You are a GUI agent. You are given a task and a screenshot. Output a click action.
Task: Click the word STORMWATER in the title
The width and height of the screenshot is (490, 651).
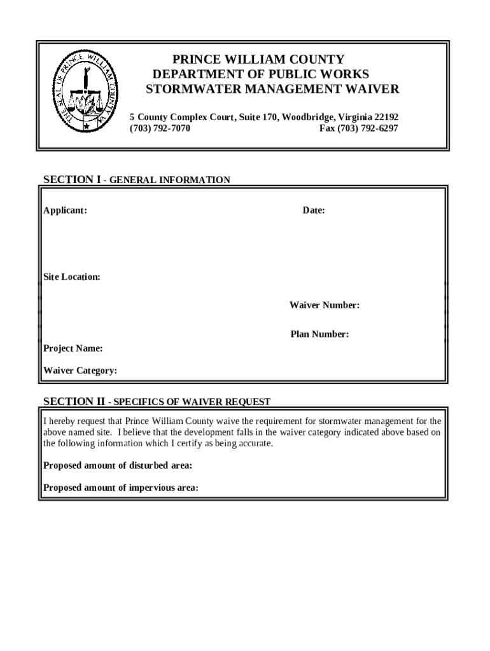(186, 89)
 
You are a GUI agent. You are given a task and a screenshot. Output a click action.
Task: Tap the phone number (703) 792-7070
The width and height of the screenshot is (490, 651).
(160, 128)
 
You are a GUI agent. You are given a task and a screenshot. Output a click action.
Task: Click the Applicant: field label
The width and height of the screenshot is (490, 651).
(65, 210)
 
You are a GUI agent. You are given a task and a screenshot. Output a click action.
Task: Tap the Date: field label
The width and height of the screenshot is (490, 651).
(314, 210)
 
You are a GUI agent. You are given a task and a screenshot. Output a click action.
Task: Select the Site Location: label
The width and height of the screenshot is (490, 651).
(71, 277)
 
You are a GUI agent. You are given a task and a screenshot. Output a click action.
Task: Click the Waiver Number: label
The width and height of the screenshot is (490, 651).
(325, 306)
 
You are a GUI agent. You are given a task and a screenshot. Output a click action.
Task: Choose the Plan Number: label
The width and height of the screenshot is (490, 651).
(319, 334)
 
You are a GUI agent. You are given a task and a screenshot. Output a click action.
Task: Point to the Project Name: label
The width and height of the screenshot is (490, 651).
(73, 348)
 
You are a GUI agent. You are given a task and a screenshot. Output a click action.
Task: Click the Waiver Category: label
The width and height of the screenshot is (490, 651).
(80, 371)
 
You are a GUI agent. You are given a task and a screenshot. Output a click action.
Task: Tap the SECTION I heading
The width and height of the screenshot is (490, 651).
(71, 180)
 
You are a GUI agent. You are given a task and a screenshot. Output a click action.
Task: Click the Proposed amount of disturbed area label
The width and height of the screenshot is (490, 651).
(117, 466)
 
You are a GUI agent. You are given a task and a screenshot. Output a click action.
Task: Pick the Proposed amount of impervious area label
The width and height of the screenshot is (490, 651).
(120, 488)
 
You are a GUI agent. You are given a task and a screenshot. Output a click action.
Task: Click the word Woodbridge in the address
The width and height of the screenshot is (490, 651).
(309, 117)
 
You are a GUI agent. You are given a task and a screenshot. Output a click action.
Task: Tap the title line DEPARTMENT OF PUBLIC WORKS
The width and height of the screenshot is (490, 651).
(260, 74)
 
